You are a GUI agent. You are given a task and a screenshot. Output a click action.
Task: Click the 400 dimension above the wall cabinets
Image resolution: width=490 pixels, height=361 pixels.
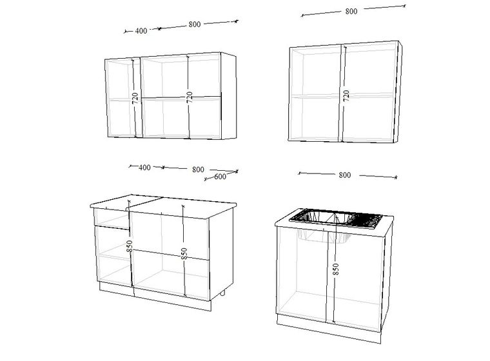coord(141,31)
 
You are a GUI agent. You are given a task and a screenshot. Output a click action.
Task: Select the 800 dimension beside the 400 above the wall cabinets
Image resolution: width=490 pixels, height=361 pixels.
coord(194,24)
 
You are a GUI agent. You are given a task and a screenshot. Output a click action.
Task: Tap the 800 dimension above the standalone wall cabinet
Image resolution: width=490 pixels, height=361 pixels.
coord(351,11)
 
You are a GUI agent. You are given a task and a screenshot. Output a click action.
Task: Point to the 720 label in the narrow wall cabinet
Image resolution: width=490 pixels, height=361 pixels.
coord(135,99)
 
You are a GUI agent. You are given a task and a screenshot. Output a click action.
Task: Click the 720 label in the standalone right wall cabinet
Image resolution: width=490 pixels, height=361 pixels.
coord(346,95)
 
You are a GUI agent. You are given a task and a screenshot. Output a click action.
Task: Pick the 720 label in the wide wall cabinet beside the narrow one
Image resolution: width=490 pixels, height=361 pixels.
coord(189,97)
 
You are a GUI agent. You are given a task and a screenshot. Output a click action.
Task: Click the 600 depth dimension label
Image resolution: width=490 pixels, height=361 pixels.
coord(220,177)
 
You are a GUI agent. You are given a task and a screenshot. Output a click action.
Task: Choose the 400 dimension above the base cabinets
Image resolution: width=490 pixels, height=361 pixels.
coord(144,168)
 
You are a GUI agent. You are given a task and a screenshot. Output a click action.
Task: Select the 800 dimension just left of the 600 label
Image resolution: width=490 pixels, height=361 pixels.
coord(198,170)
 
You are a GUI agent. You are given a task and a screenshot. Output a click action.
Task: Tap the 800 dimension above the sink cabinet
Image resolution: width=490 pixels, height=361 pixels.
coord(345,175)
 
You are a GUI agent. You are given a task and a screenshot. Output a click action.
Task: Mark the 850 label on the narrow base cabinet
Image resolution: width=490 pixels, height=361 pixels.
coord(130,246)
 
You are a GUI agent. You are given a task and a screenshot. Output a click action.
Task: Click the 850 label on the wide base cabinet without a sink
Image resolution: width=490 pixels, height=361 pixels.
coord(184,253)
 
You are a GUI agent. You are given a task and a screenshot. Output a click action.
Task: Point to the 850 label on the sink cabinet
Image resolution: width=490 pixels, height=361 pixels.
coord(335,269)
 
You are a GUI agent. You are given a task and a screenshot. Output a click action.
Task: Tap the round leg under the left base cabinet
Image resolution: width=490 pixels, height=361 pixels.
coord(222,293)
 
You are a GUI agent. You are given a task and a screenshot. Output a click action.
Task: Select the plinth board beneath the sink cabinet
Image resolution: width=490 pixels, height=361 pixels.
coord(329,329)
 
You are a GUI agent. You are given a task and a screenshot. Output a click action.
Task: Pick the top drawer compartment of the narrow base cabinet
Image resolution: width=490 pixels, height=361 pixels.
coord(112,217)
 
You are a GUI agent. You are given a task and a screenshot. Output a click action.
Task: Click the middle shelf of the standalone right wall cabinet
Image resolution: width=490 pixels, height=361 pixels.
coord(342,95)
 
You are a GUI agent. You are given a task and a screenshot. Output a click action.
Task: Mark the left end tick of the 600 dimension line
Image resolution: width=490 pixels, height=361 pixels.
coord(205,179)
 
